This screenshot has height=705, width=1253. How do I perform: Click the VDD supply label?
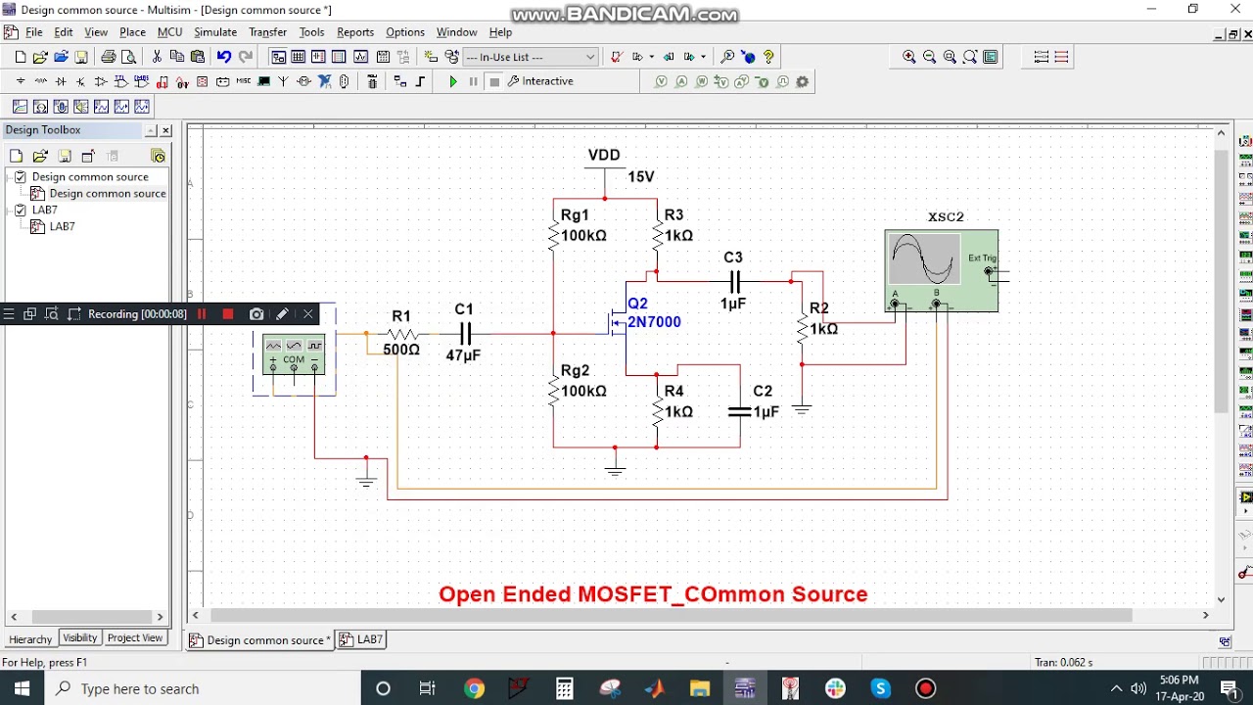coord(604,155)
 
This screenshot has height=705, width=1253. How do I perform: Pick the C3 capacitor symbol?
coord(733,282)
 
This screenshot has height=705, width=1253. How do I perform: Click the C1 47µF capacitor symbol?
coord(465,334)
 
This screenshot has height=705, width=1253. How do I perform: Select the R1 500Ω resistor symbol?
coord(402,334)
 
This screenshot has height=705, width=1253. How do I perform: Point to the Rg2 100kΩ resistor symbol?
coord(554,391)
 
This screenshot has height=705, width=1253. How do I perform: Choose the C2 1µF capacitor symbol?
coord(740,412)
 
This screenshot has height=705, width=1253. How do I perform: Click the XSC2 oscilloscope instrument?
coord(941,270)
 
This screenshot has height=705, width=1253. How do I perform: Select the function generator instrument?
coord(294,353)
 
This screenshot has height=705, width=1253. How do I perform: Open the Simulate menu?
coord(214,32)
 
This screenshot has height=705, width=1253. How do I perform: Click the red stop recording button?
coord(228,314)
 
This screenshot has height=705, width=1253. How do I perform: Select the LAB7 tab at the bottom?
coord(362,639)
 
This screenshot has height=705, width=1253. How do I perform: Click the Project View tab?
coord(135,638)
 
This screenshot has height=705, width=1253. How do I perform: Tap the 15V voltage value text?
coord(641,177)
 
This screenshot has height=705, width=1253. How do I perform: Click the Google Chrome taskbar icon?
coord(474,689)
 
